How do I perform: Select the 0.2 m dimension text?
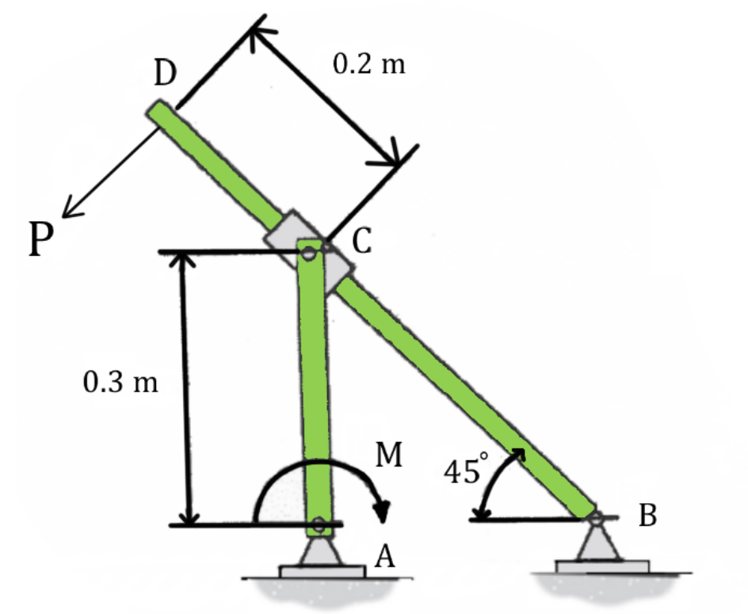[x=368, y=64]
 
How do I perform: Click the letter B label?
[x=647, y=516]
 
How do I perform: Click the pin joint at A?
[x=319, y=524]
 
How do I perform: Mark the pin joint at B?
[x=593, y=517]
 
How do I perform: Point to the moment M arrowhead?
[x=384, y=513]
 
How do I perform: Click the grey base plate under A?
[x=322, y=570]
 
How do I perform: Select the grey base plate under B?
[x=602, y=566]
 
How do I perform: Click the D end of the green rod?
[x=157, y=110]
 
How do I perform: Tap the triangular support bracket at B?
[x=594, y=542]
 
